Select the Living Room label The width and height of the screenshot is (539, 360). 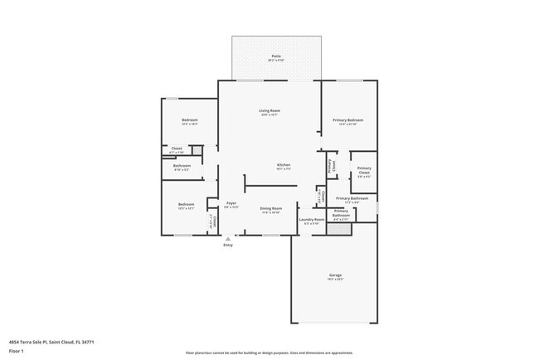point(269,110)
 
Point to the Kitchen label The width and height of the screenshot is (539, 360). point(284,164)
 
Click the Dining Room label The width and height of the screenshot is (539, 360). point(271,208)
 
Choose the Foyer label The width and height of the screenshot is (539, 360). point(232,203)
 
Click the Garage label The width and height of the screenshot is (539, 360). point(335,275)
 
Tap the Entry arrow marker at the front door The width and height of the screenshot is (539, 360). point(228,238)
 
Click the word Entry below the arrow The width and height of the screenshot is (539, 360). point(228,245)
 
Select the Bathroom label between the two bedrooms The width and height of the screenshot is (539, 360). point(182,165)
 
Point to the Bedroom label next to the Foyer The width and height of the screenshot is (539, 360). point(186,204)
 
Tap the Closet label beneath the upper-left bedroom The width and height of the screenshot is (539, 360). point(177,148)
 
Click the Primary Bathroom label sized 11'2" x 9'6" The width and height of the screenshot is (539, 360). point(352,198)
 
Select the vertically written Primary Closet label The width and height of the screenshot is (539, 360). point(331,165)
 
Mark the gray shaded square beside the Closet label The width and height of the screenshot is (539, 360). point(197,149)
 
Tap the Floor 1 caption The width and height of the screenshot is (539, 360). point(17,352)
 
